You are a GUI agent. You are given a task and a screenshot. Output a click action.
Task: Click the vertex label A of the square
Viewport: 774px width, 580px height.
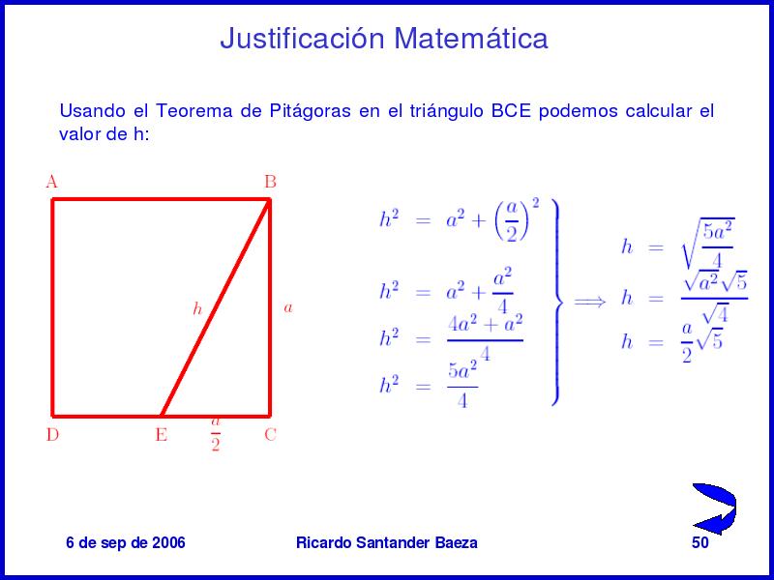pos(52,182)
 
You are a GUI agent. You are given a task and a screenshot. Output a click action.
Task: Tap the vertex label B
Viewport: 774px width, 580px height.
pos(270,182)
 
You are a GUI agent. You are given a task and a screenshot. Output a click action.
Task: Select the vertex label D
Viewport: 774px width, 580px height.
pos(52,435)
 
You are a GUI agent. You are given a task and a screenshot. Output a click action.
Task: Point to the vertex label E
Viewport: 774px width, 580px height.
pos(162,435)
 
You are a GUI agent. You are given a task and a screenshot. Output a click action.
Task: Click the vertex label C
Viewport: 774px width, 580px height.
pos(270,435)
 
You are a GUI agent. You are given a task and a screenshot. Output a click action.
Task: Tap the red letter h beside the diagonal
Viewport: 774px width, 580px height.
pos(197,308)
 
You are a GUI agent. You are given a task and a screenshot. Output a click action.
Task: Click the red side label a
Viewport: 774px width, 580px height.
pos(288,308)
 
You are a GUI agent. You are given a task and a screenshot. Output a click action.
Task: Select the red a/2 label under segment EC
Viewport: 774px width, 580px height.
pos(215,434)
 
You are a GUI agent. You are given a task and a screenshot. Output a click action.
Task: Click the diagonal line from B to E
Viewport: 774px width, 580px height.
pos(215,307)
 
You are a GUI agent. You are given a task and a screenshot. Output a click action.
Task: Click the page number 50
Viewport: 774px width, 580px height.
pos(700,542)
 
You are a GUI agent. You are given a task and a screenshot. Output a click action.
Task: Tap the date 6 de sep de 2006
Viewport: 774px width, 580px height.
pos(126,542)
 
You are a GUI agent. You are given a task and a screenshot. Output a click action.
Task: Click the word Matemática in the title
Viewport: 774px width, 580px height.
pos(471,38)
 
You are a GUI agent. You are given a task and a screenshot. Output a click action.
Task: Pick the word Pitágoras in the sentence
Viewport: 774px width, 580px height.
pos(310,111)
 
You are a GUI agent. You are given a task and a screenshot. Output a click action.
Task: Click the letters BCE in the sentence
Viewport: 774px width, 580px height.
pos(511,110)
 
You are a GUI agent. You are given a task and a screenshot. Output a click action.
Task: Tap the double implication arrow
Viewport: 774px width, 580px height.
pos(589,301)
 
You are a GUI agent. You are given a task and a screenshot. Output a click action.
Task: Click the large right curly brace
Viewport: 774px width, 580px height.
pos(557,302)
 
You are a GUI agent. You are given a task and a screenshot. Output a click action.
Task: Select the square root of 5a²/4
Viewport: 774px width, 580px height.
pos(708,244)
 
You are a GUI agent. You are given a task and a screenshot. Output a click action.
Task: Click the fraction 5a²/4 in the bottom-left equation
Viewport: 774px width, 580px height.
pos(462,385)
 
